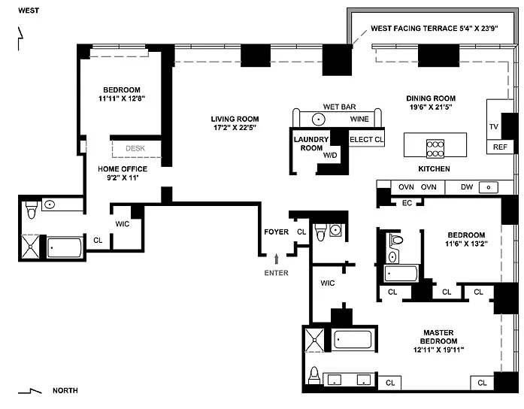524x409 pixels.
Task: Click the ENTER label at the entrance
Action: pos(276,273)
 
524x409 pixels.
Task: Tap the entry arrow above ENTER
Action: pos(276,259)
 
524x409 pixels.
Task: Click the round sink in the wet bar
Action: pos(319,119)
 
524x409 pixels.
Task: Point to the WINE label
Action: pos(359,119)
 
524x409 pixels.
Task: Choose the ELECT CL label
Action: pos(367,139)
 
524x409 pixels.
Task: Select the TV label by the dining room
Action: pos(494,126)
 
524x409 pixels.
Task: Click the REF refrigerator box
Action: pos(501,147)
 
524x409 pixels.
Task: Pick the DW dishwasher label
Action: pos(466,187)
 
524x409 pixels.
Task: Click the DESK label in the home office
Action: pos(135,148)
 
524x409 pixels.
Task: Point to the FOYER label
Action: pos(276,232)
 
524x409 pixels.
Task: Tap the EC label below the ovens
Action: pos(407,202)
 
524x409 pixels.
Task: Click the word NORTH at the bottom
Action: pos(65,391)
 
